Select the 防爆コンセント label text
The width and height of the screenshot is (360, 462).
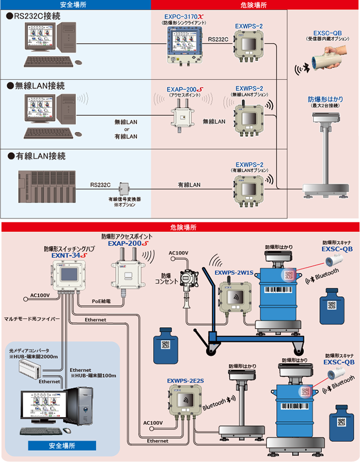pyautogui.click(x=168, y=279)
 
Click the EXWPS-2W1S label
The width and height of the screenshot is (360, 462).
pyautogui.click(x=233, y=273)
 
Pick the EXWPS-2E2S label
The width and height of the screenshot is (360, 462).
pyautogui.click(x=185, y=381)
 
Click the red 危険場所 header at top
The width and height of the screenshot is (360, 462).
pyautogui.click(x=254, y=5)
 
